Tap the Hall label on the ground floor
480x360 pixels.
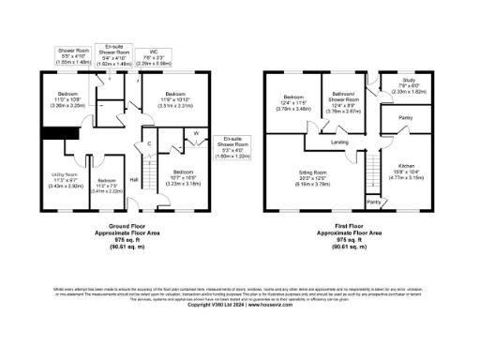pos(134,180)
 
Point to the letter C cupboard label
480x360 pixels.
pos(149,143)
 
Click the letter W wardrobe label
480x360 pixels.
pos(196,134)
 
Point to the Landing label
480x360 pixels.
pos(340,142)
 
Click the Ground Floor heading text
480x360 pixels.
pos(120,228)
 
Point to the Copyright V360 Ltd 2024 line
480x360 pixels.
pos(240,306)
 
